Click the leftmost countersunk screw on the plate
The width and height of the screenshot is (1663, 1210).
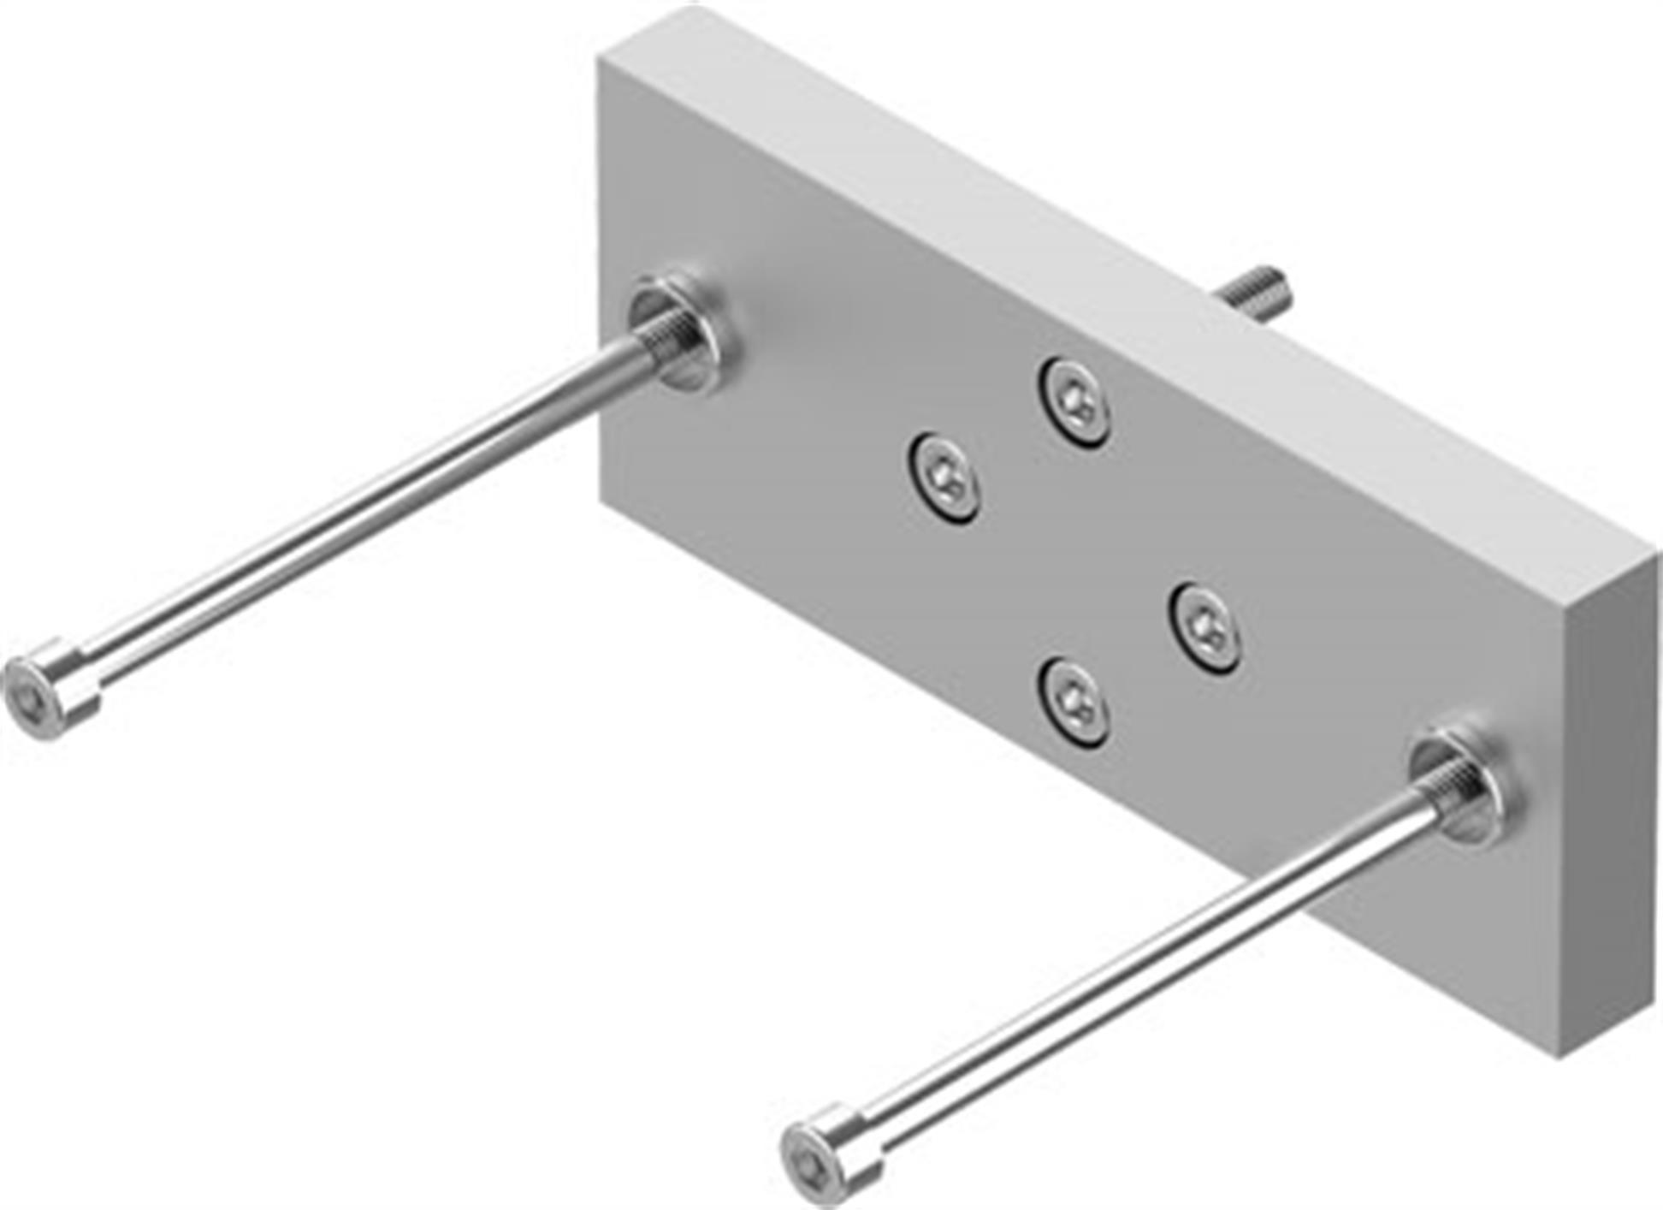pos(944,477)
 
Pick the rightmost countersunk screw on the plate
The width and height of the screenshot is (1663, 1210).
pos(1205,628)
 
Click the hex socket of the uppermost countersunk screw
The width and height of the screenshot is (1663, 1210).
pos(1073,400)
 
